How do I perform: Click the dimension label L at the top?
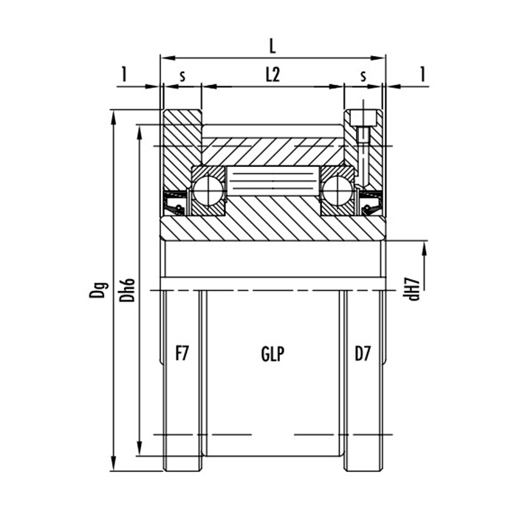point(273,46)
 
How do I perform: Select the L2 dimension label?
point(273,75)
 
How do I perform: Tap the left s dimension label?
point(182,76)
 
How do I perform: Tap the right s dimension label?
point(363,76)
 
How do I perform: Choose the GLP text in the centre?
point(273,354)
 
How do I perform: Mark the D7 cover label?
point(362,354)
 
